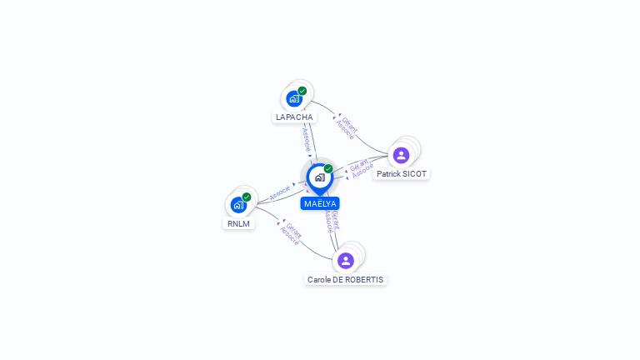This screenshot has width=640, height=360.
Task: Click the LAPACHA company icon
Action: (293, 99)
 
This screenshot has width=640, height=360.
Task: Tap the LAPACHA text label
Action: (294, 117)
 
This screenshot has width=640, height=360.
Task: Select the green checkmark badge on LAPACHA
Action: (302, 91)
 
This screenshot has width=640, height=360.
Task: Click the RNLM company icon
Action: (238, 205)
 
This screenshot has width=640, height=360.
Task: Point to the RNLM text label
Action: (238, 223)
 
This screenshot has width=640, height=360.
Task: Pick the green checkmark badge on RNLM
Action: (247, 197)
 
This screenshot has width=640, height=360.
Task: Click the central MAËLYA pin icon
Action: (319, 177)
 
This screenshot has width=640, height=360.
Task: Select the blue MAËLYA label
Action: (320, 203)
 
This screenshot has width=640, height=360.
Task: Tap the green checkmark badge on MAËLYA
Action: (328, 168)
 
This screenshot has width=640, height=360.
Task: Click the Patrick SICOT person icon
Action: (401, 155)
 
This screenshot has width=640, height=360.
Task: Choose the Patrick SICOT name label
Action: (402, 174)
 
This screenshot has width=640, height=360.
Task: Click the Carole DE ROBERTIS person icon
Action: (346, 260)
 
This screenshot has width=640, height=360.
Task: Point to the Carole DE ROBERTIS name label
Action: (346, 280)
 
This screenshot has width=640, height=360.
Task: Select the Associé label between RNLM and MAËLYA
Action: (280, 192)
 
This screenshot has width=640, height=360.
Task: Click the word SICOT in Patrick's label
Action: (414, 174)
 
